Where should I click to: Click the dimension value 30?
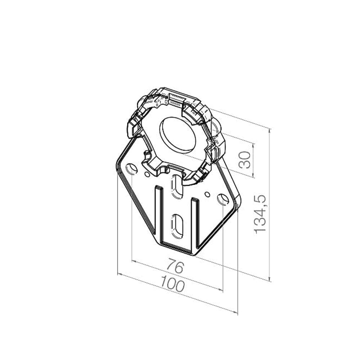pos(245,160)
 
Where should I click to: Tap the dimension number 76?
pos(175,266)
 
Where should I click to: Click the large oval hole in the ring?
pos(178,135)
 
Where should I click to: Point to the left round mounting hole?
pos(131,169)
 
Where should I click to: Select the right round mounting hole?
pos(223,199)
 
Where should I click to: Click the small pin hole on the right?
pos(207,194)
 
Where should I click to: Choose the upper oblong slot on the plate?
pos(177,186)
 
